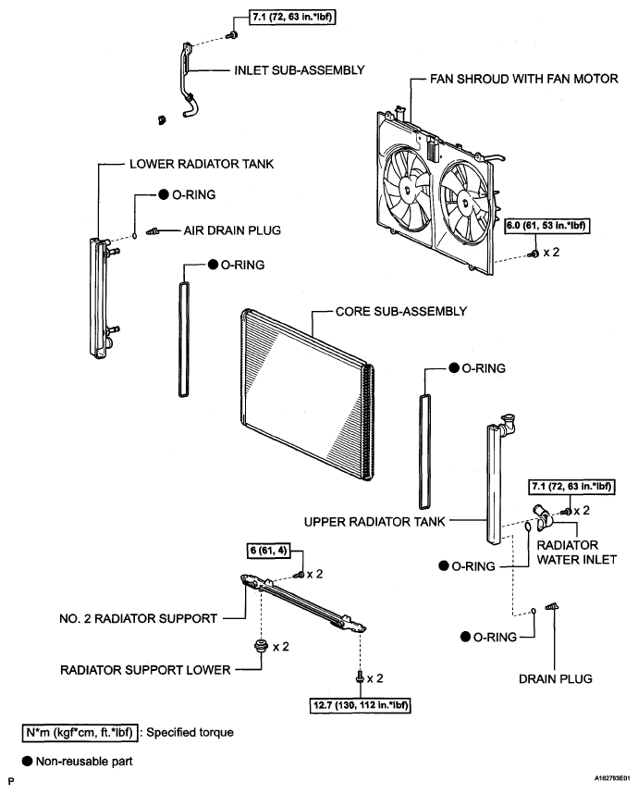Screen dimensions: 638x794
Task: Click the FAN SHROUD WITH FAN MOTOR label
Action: (x=523, y=79)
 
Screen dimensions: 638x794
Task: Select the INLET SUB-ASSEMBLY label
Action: (x=299, y=70)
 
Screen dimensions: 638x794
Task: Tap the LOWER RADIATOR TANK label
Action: (x=202, y=164)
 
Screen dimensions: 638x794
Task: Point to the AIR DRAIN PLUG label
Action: (x=232, y=230)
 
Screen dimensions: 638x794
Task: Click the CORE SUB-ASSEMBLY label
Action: (x=400, y=312)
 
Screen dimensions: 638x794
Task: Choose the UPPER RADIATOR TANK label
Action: (x=374, y=522)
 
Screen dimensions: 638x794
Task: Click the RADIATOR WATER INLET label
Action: (x=576, y=552)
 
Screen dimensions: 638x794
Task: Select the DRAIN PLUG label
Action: (x=555, y=679)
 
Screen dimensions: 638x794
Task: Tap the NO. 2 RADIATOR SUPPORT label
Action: (x=138, y=619)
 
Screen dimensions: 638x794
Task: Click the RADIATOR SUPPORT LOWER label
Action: (x=145, y=670)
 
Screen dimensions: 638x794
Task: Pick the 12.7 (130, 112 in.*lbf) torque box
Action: (x=360, y=705)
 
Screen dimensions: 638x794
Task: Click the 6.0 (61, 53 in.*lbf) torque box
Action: (x=547, y=226)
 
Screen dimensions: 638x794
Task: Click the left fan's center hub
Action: (x=406, y=190)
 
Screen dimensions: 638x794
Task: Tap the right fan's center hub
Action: (x=463, y=201)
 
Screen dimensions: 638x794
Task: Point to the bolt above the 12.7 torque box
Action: (x=360, y=676)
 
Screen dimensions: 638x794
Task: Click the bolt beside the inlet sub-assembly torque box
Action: (x=233, y=35)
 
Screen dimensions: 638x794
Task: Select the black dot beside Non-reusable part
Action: (x=27, y=761)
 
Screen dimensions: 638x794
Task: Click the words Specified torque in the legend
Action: (x=190, y=732)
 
